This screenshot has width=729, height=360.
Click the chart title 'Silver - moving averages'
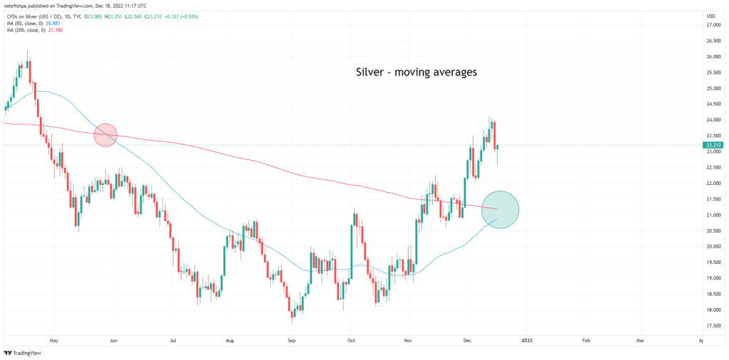coord(416,72)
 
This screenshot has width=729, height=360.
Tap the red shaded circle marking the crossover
coord(105,134)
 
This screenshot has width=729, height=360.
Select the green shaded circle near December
coord(500,210)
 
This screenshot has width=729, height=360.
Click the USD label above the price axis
coord(710,16)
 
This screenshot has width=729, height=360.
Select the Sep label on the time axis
coord(291,341)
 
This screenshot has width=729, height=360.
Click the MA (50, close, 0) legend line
coord(32,24)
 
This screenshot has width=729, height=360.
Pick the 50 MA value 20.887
coord(72,24)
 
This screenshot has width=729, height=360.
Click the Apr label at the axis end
coord(701,341)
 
